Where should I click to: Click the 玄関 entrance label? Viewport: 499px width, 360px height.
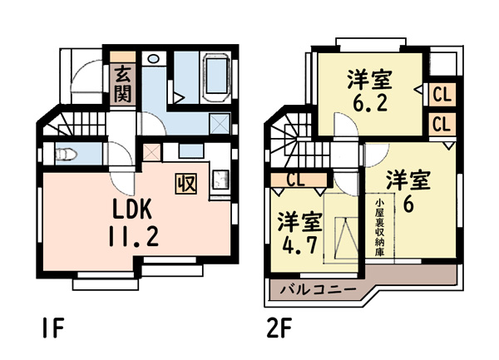tap(122, 84)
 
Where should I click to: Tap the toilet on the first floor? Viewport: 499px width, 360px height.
tap(67, 155)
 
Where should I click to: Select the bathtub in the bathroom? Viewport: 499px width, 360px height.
tap(216, 77)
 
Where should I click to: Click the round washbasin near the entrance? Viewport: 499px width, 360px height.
tap(154, 58)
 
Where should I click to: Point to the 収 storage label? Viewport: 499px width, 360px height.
tap(185, 184)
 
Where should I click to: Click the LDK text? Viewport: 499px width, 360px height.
tap(131, 209)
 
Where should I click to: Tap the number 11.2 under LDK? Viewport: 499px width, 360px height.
tap(133, 236)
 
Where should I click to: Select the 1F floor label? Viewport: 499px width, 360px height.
tap(53, 328)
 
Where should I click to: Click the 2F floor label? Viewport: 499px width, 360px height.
tap(279, 328)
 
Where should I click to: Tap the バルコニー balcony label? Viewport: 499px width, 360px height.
tap(318, 289)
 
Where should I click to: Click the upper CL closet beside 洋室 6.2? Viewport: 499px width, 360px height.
tap(442, 95)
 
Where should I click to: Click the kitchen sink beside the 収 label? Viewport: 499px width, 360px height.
tap(220, 180)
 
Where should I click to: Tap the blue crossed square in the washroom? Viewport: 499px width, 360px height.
tap(220, 123)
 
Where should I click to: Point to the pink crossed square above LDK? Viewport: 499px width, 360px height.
tap(152, 152)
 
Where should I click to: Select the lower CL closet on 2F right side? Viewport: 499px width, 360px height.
tap(442, 124)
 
